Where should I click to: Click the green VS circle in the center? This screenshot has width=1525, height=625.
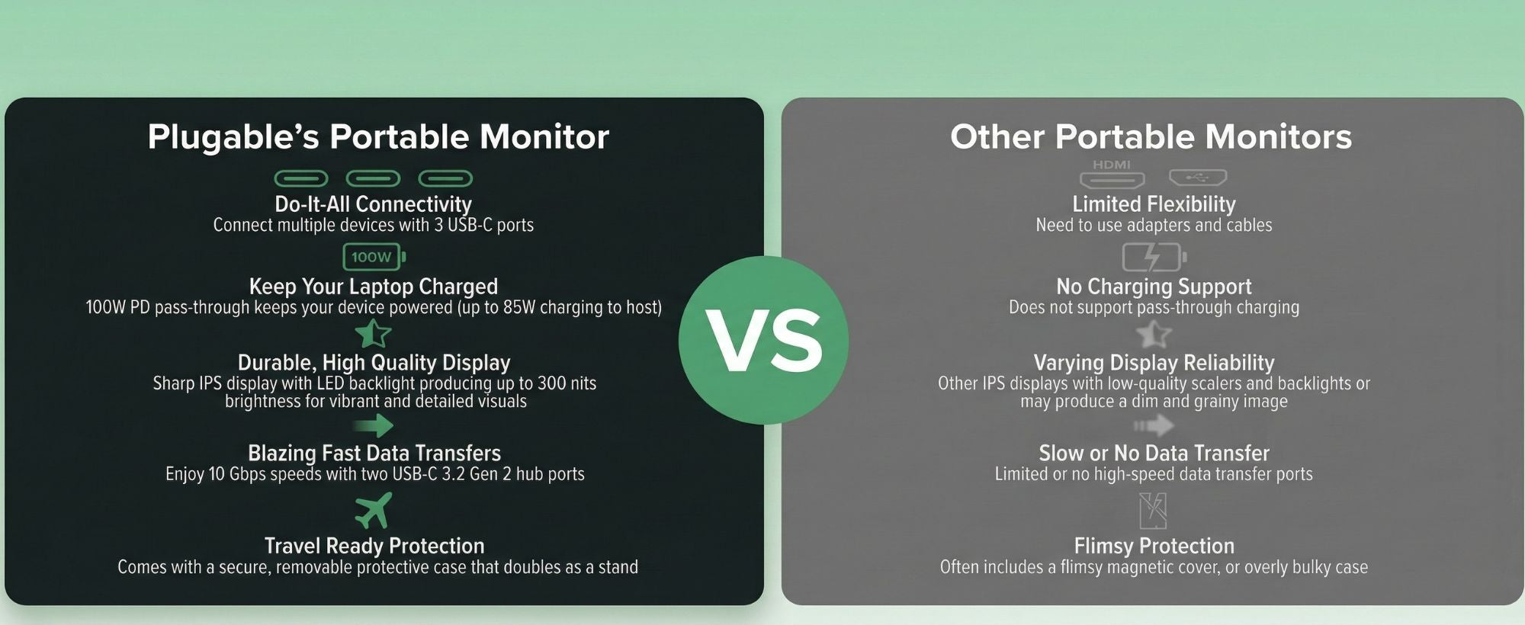click(763, 340)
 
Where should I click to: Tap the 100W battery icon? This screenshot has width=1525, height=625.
click(374, 257)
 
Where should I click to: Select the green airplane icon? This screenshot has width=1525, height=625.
click(374, 510)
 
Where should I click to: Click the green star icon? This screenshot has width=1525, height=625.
click(373, 334)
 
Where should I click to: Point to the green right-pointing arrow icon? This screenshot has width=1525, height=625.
click(374, 425)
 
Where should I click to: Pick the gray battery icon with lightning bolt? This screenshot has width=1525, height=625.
click(1154, 257)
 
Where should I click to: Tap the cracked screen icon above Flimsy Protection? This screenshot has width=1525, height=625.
click(1153, 511)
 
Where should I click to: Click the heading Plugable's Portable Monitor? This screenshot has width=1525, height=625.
click(378, 137)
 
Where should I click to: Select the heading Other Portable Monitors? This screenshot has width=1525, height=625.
click(1151, 137)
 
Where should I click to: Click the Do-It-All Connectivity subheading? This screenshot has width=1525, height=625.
click(373, 204)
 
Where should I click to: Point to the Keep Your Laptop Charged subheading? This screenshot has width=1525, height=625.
click(373, 287)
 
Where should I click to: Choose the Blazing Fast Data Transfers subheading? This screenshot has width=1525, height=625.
click(374, 454)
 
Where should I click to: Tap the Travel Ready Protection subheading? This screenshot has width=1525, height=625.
click(374, 546)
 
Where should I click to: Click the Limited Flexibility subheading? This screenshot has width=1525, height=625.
click(1154, 204)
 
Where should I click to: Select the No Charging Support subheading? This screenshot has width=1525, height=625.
click(1154, 287)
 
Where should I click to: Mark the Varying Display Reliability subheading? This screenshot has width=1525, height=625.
click(1154, 363)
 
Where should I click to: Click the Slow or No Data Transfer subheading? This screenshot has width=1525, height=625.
click(1154, 454)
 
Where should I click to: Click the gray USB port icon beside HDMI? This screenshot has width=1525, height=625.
click(1198, 178)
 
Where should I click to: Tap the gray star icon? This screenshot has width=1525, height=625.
click(1154, 334)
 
